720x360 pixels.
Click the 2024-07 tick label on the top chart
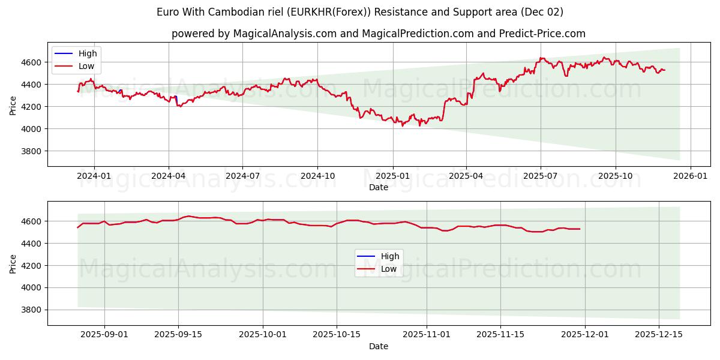tap(242, 176)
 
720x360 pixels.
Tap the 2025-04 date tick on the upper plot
tap(466, 176)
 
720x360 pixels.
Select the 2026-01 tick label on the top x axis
tap(690, 176)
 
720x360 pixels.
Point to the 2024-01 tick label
tap(94, 176)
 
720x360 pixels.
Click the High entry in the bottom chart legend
tap(390, 256)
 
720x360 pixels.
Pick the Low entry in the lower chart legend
tap(389, 269)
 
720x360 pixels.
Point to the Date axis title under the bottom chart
tap(379, 346)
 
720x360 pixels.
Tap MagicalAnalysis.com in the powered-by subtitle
tap(284, 34)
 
